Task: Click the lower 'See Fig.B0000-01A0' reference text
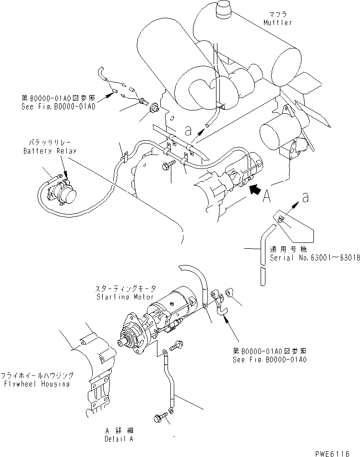tap(269, 359)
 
